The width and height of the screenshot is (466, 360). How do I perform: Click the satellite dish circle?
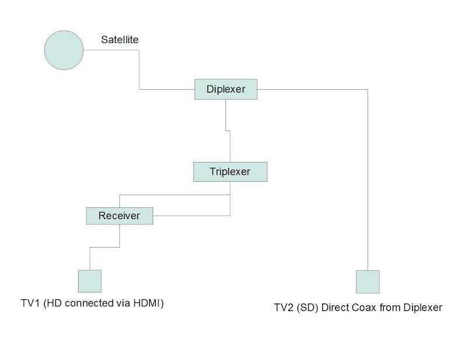64,50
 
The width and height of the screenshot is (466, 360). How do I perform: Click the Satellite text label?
119,40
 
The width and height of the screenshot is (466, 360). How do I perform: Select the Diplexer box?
226,90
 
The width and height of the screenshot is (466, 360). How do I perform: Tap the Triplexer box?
230,172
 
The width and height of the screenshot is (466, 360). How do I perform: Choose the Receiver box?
119,216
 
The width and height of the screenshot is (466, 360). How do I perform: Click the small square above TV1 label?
90,281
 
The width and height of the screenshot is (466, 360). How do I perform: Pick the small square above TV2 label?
368,281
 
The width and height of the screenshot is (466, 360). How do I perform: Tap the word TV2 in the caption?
284,308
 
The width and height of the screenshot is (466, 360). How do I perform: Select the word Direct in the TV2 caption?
333,308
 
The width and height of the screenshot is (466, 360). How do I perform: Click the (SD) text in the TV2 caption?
307,308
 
